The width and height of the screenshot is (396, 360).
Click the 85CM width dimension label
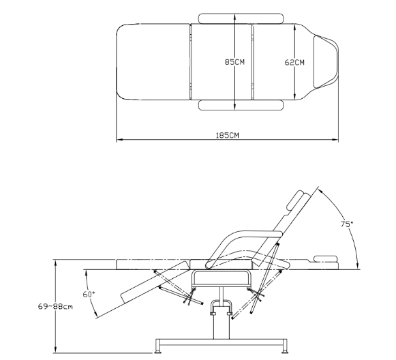[x=234, y=62]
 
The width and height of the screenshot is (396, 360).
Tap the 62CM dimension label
[x=294, y=62]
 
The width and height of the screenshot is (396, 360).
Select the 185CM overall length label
[x=227, y=136]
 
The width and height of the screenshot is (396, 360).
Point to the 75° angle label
[x=347, y=224]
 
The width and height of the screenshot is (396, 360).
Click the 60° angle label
[x=89, y=295]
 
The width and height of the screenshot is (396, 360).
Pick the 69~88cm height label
[x=55, y=307]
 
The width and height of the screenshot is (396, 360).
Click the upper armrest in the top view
[x=241, y=18]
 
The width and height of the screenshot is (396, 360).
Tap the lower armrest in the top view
[x=241, y=105]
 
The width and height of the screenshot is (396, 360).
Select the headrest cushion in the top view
[x=326, y=62]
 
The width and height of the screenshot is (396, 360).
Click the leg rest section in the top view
[x=153, y=62]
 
